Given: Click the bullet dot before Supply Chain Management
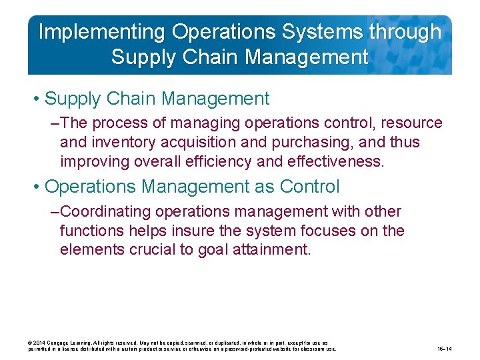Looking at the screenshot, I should click(x=37, y=99).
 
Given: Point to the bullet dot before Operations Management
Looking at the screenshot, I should click(x=37, y=187).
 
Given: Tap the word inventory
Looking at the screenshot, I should click(x=119, y=143).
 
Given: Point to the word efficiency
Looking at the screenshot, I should click(x=248, y=162).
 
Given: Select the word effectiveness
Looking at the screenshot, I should click(x=337, y=162).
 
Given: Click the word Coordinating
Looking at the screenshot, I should click(x=106, y=212).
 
